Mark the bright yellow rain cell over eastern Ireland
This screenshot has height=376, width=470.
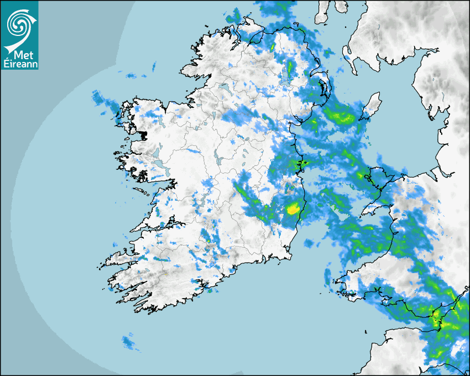293,209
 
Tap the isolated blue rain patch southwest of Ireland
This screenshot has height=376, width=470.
128,342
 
